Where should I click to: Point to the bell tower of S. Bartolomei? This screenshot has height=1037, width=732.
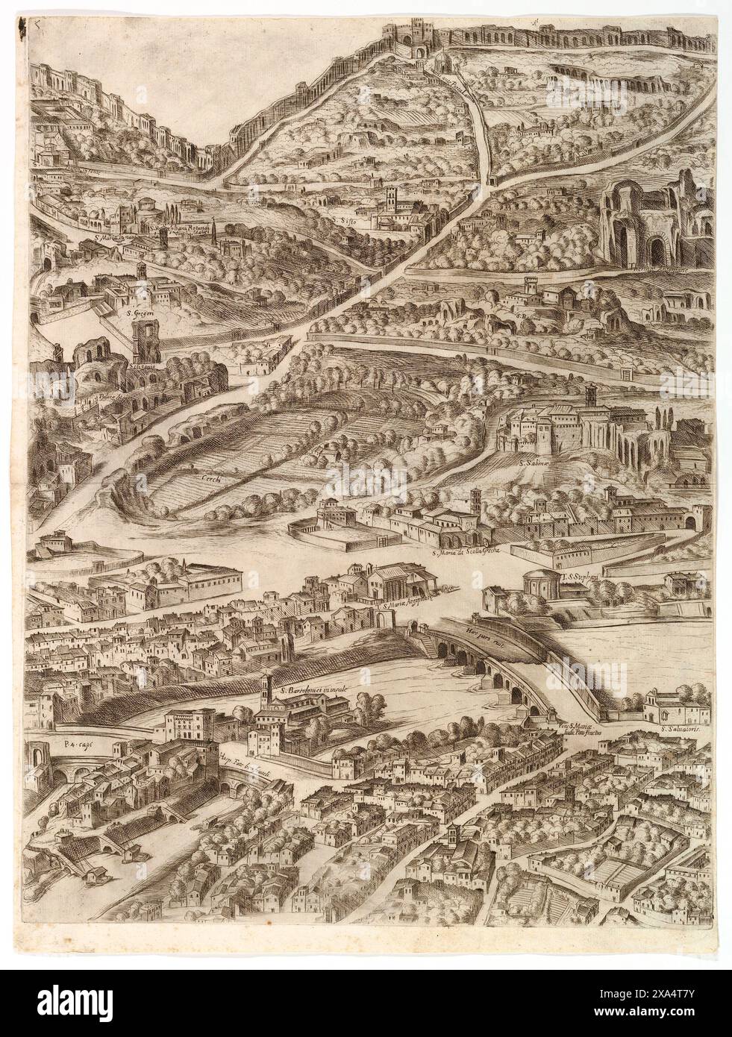coord(266,693)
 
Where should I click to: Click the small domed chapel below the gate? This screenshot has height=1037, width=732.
coord(440,61)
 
